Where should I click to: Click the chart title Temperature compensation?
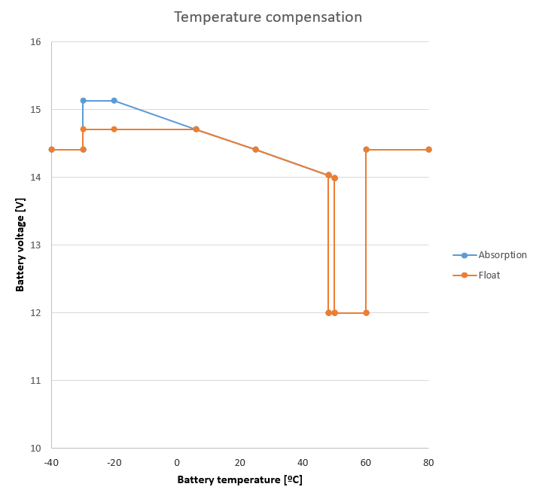click(x=267, y=17)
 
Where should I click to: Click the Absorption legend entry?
click(x=502, y=255)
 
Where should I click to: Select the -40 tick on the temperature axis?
click(x=51, y=462)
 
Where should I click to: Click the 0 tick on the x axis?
click(x=177, y=462)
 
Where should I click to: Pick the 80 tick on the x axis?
click(x=428, y=462)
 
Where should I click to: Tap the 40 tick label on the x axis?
click(x=303, y=462)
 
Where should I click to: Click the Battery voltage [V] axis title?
click(x=20, y=245)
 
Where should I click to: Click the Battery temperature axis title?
click(x=239, y=480)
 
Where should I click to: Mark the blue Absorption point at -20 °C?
click(x=114, y=100)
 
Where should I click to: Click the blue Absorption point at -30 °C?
click(x=83, y=100)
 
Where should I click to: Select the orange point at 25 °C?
click(x=256, y=150)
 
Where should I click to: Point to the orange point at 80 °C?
click(x=428, y=150)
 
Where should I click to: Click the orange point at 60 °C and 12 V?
click(x=366, y=313)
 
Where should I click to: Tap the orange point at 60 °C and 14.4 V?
click(x=366, y=150)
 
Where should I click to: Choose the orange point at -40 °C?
click(x=51, y=150)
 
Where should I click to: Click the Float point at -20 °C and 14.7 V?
click(x=114, y=129)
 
